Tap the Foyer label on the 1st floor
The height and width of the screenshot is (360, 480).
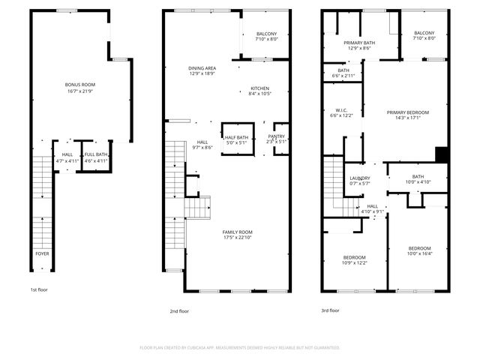(x=43, y=253)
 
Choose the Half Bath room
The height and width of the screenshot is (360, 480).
(x=236, y=139)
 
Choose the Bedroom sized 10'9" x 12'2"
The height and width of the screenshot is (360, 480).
(x=355, y=260)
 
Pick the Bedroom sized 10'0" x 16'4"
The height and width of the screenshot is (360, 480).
(x=419, y=250)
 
